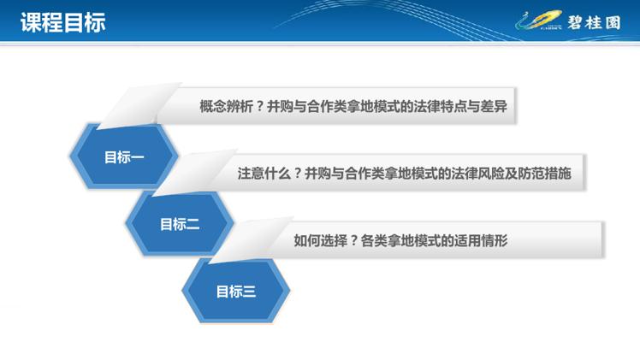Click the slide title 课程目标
(63, 22)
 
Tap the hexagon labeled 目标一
(124, 156)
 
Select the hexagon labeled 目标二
(180, 224)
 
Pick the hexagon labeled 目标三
(236, 291)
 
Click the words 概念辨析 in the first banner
(226, 106)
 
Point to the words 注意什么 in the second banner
(264, 174)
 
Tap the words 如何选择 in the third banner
(320, 240)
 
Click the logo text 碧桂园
(594, 22)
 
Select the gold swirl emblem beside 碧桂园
(539, 21)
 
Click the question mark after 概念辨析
(259, 107)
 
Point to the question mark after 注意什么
(298, 174)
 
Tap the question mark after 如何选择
(354, 241)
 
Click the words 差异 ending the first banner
(494, 106)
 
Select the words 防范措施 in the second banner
(544, 174)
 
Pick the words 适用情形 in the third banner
(481, 240)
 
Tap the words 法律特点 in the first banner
(441, 106)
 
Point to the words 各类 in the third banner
(374, 240)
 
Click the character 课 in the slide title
(31, 22)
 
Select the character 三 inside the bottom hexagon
(249, 292)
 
